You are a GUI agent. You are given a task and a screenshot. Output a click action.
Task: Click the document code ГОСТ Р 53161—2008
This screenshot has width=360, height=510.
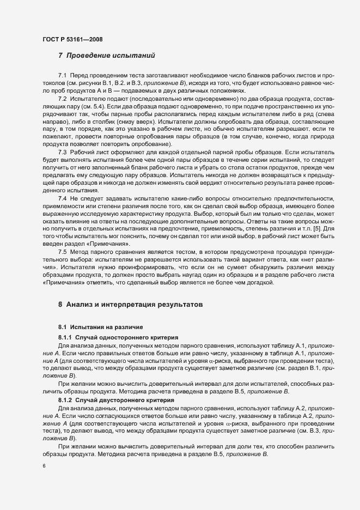[72, 40]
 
